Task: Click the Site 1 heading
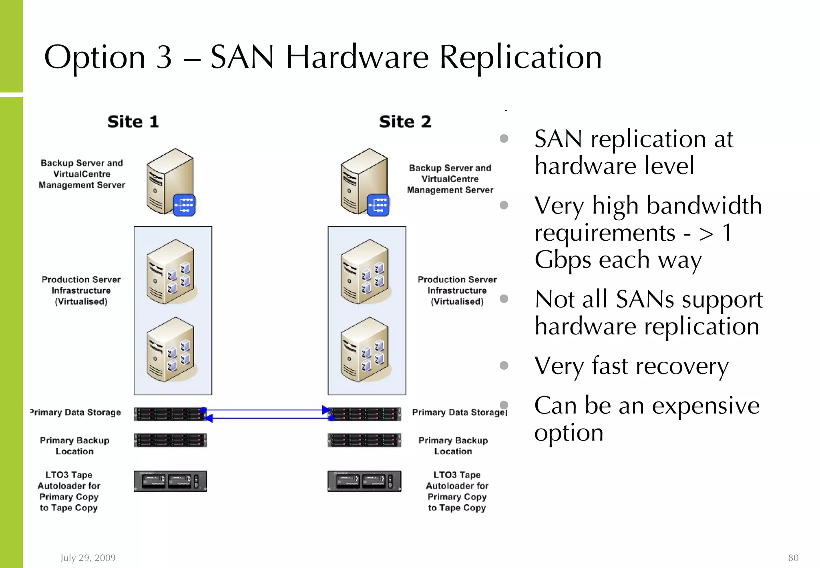pyautogui.click(x=133, y=122)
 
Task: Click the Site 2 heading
pyautogui.click(x=405, y=122)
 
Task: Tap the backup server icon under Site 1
pyautogui.click(x=171, y=182)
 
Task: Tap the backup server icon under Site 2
pyautogui.click(x=365, y=182)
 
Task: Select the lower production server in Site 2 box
pyautogui.click(x=365, y=349)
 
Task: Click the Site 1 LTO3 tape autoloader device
pyautogui.click(x=170, y=481)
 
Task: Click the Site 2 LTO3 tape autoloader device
pyautogui.click(x=364, y=481)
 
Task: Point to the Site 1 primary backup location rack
pyautogui.click(x=170, y=440)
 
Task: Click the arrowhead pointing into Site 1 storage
pyautogui.click(x=209, y=418)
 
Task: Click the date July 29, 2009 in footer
pyautogui.click(x=88, y=558)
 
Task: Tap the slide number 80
pyautogui.click(x=793, y=558)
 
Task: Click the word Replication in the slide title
pyautogui.click(x=520, y=57)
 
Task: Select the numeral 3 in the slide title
pyautogui.click(x=164, y=57)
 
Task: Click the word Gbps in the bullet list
pyautogui.click(x=563, y=260)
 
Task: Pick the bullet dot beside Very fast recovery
pyautogui.click(x=504, y=365)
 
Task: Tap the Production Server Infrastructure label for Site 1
pyautogui.click(x=81, y=290)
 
